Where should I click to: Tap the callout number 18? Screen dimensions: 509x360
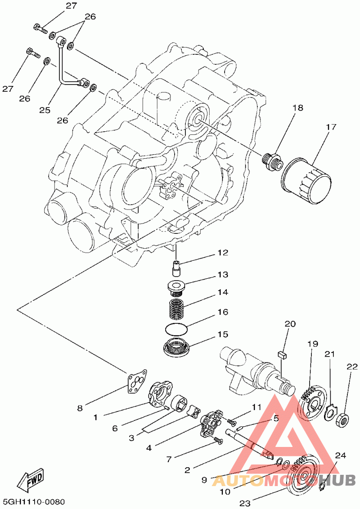point(297,108)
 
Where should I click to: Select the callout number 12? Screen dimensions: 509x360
point(223,253)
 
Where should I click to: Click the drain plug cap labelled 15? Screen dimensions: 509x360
point(177,348)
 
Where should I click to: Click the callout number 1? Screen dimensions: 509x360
point(95,417)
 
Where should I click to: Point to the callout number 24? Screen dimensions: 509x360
point(341,455)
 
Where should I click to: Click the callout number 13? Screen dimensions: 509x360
point(223,274)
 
